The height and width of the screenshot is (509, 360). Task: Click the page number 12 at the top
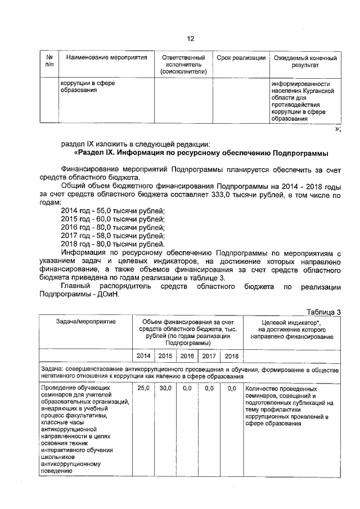coord(190,38)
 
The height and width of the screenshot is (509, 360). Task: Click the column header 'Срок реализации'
coord(241,58)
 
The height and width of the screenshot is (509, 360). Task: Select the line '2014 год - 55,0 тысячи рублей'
coord(112,210)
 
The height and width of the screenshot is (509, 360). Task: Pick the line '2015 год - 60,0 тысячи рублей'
coord(112,219)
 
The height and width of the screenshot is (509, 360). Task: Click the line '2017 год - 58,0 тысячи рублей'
coord(112,236)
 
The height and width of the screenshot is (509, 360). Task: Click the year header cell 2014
coord(143,355)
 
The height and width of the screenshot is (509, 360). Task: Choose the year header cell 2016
coord(187,355)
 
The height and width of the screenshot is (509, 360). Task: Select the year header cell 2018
coord(231,355)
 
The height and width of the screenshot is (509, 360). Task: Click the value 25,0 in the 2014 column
coord(143,388)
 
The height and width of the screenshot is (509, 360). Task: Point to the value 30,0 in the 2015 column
coord(165,388)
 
